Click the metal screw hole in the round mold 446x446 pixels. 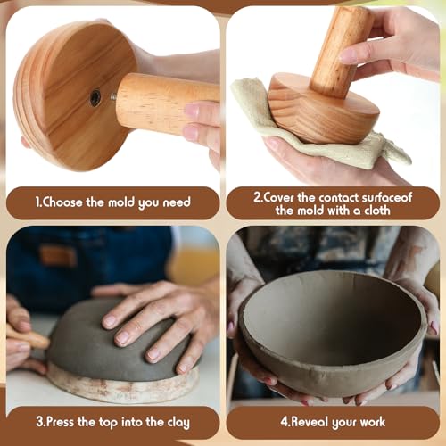pyautogui.click(x=95, y=97)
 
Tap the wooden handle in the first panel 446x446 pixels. pyautogui.click(x=161, y=103)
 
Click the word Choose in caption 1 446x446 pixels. pyautogui.click(x=69, y=202)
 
